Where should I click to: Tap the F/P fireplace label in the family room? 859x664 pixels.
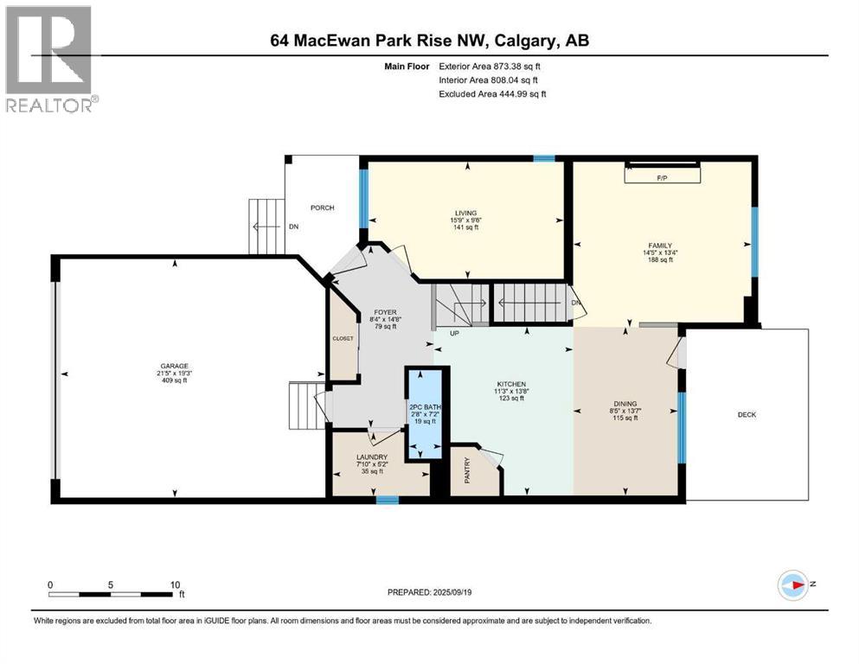pos(663,177)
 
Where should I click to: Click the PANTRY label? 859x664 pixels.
pos(467,476)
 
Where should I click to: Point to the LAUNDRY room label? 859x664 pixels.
pos(371,457)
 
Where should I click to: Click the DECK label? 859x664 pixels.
pos(747,415)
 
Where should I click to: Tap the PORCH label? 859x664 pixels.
pos(322,207)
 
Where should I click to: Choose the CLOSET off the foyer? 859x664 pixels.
pos(343,339)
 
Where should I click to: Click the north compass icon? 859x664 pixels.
pos(793,585)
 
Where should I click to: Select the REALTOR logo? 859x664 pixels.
pos(50,61)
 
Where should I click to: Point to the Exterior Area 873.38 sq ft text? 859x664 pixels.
pos(491,66)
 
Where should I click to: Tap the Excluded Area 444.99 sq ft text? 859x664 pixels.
pos(492,93)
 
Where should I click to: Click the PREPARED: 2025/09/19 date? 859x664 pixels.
pos(430,592)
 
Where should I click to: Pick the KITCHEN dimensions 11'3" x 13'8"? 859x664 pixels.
pos(510,391)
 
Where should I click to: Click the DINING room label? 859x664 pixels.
pos(625,404)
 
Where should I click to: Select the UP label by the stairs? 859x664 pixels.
pos(454,332)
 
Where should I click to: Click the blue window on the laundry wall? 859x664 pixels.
pos(387,499)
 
